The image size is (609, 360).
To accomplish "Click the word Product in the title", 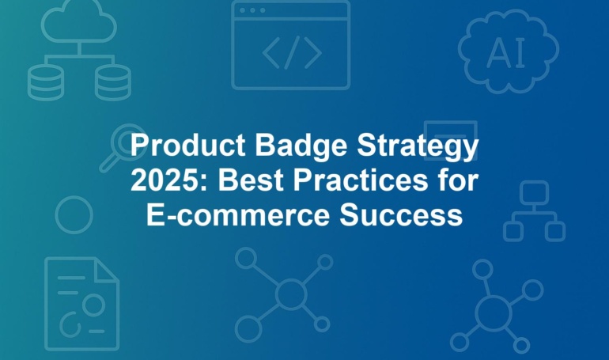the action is point(188,145).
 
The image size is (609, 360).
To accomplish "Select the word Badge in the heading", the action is point(301,146).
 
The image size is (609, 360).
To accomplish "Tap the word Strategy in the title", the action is point(418,147).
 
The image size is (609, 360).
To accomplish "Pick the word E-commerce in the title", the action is point(238,215).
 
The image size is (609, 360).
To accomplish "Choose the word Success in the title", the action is point(401,215).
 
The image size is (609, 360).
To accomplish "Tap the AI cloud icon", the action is point(508,51).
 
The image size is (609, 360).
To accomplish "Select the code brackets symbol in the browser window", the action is point(292,52).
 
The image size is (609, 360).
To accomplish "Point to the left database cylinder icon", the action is point(45,82).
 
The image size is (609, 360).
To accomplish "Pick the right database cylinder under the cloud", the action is point(112,82).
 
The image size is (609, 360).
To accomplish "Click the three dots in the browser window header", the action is point(252,10).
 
